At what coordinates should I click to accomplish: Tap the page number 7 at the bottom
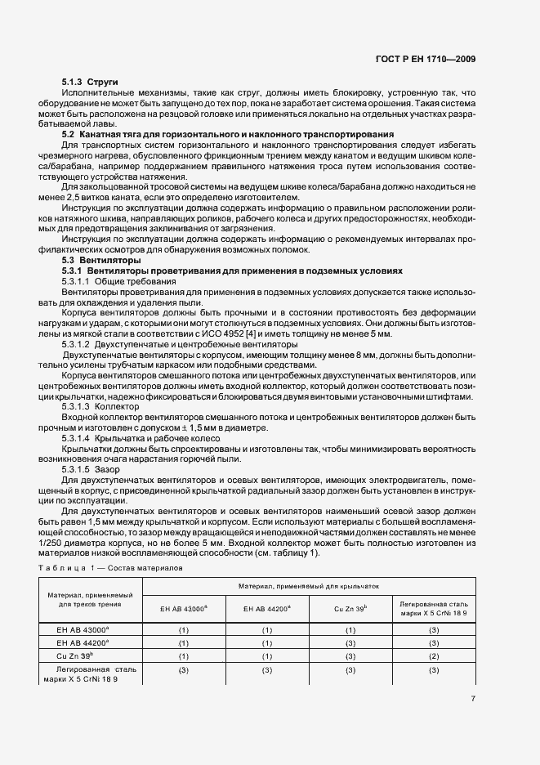point(473,699)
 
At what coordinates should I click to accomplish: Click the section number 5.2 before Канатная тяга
point(68,133)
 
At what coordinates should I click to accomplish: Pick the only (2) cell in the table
point(434,656)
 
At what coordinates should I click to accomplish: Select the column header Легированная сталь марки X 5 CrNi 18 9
point(434,609)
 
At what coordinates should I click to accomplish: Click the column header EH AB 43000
point(184,609)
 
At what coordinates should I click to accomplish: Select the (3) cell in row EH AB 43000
point(434,630)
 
